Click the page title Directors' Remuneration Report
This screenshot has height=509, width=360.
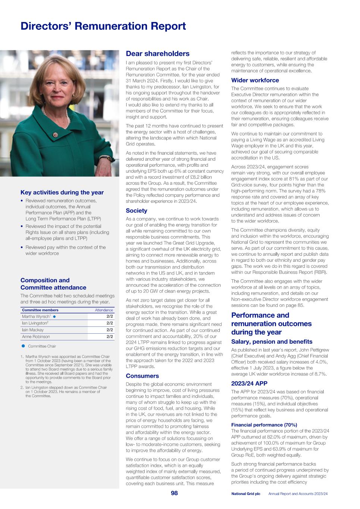103,26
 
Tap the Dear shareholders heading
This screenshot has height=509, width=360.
157,54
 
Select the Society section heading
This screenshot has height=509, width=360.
137,211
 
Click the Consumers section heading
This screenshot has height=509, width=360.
142,376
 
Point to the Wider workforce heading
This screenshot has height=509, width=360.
255,80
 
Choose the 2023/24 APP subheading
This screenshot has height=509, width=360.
249,383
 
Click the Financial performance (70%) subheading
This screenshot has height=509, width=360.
264,425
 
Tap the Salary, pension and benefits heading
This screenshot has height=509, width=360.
272,342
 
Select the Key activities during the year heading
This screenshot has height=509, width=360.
62,192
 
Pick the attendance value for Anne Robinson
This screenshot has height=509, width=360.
110,337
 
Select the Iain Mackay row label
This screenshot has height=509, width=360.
33,330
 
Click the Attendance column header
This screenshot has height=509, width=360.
104,310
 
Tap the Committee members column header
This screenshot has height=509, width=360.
40,310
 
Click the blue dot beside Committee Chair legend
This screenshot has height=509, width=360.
23,346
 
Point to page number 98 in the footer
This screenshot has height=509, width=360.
174,493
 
